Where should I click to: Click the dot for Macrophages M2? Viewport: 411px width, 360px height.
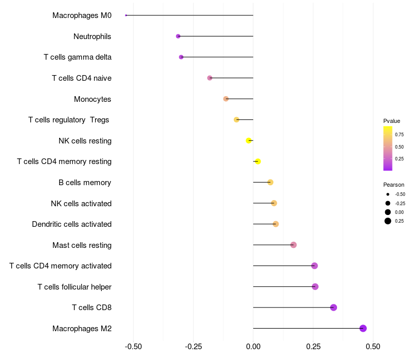(x=363, y=328)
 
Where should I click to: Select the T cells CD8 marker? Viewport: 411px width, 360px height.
(x=333, y=308)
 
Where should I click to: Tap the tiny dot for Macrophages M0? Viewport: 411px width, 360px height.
(x=126, y=15)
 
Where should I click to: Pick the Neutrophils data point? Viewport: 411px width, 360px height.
(x=178, y=36)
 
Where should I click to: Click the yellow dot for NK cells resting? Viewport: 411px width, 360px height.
(x=249, y=140)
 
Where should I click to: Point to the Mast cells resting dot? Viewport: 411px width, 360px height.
(x=293, y=245)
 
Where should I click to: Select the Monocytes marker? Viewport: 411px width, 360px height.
(x=226, y=99)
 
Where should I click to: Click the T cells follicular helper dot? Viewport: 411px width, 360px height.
(x=315, y=286)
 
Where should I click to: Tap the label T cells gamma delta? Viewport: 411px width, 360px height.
(x=78, y=57)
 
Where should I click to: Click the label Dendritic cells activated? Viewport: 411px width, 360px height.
(x=72, y=224)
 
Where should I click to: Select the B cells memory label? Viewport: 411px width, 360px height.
(x=85, y=183)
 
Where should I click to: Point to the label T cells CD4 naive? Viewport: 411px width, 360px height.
(x=82, y=78)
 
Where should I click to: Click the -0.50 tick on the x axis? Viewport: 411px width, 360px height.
(x=134, y=347)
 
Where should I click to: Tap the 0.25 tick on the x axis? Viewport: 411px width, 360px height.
(x=313, y=347)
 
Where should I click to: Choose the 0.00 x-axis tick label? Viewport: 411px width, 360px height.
(x=253, y=347)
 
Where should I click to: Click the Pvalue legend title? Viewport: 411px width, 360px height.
(x=391, y=121)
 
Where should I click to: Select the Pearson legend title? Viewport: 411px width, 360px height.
(x=394, y=185)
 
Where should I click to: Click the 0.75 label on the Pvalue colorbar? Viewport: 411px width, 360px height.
(x=399, y=135)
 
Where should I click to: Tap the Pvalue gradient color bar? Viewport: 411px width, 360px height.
(x=388, y=148)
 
